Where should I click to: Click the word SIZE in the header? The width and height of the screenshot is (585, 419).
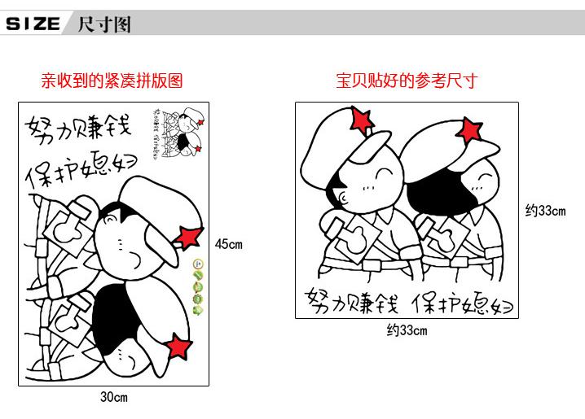[x=33, y=24]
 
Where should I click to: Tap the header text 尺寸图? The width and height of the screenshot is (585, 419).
[x=103, y=24]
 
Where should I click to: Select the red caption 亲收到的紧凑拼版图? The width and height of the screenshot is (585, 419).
[x=112, y=81]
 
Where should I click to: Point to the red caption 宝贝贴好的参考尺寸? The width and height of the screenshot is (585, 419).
[x=407, y=81]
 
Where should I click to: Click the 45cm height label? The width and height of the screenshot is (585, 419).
[x=229, y=244]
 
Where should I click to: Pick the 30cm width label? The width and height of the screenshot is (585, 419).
[x=114, y=398]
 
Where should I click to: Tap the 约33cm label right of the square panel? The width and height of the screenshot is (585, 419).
[x=545, y=211]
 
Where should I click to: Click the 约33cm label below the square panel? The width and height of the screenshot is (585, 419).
[x=407, y=330]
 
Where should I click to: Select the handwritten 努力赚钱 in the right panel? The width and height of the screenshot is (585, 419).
[x=351, y=303]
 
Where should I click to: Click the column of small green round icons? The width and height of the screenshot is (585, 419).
[x=197, y=286]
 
